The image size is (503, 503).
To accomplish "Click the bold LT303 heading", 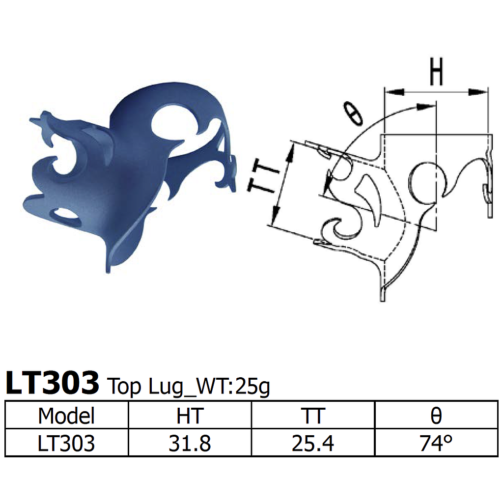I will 52,383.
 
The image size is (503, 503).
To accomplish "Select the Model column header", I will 66,416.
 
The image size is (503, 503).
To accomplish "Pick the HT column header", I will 190,416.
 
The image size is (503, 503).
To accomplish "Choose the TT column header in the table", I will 313,416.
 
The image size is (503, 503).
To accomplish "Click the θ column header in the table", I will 436,416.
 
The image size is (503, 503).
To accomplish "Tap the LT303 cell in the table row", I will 66,444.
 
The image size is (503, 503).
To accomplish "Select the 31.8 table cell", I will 190,444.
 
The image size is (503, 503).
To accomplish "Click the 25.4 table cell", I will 313,444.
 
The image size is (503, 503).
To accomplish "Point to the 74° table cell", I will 436,444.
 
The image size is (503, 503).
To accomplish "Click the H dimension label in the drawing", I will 436,73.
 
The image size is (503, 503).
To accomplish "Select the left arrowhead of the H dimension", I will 393,92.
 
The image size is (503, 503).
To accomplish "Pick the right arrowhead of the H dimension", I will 478,92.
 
